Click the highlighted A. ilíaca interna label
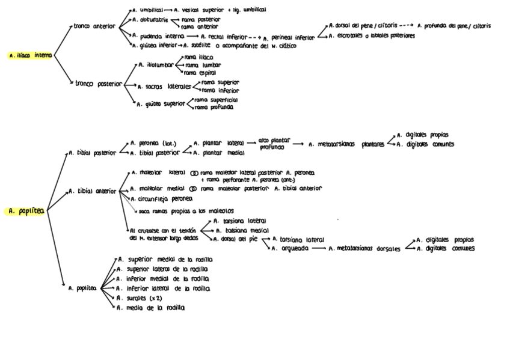point(31,55)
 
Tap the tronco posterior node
point(98,84)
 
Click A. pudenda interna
point(154,36)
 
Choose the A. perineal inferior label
point(289,38)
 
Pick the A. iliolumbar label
point(156,64)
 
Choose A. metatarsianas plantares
point(346,144)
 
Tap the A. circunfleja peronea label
point(162,198)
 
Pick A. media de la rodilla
point(152,307)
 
